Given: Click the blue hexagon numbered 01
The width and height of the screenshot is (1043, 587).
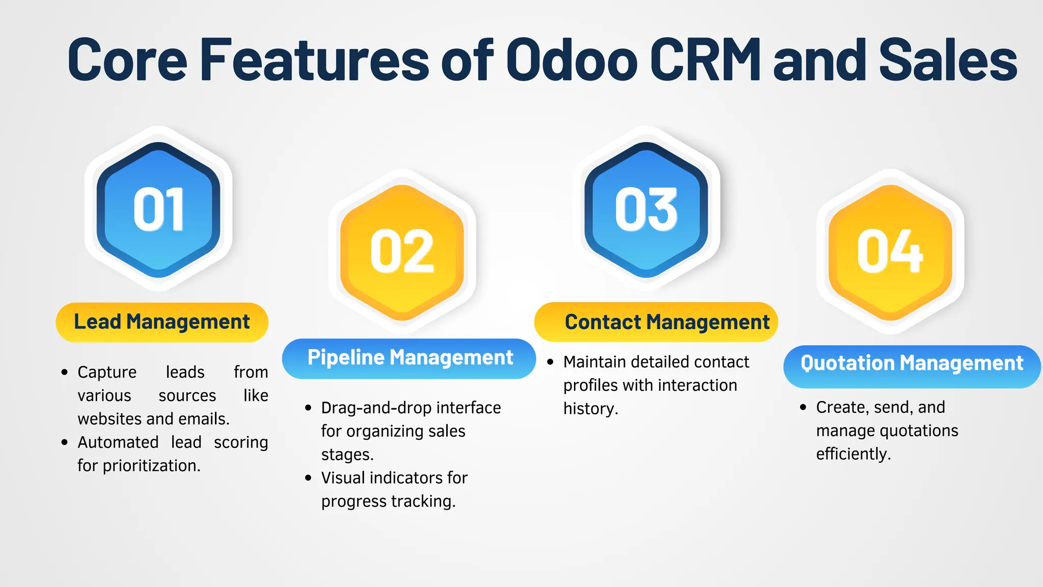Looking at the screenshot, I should (158, 209).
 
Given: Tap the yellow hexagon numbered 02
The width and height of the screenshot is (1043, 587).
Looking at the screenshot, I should (402, 252).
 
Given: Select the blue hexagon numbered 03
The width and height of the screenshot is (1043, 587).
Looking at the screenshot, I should (646, 209).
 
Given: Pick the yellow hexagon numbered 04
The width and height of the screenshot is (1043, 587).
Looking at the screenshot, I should (890, 252).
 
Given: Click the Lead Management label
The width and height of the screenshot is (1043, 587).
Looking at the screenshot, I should (162, 322).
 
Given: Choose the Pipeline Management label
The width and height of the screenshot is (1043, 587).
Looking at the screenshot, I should (409, 358).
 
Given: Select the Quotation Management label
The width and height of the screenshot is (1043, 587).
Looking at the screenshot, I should (912, 363).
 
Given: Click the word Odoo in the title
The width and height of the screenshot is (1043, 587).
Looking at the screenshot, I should (572, 60).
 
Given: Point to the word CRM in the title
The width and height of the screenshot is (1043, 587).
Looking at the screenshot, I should (705, 60).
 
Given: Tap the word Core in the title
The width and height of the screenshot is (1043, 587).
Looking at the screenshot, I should (127, 60).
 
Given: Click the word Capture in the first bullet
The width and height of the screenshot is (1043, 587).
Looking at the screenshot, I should (107, 372).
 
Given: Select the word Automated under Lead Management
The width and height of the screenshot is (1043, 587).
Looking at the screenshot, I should (118, 442).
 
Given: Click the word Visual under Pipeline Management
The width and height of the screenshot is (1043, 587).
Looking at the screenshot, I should (343, 478).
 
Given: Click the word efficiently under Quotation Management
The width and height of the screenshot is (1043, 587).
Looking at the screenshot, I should (853, 454).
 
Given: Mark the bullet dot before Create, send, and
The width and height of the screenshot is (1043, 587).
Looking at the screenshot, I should (803, 407).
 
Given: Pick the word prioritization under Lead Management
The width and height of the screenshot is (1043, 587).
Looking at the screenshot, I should (151, 466).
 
